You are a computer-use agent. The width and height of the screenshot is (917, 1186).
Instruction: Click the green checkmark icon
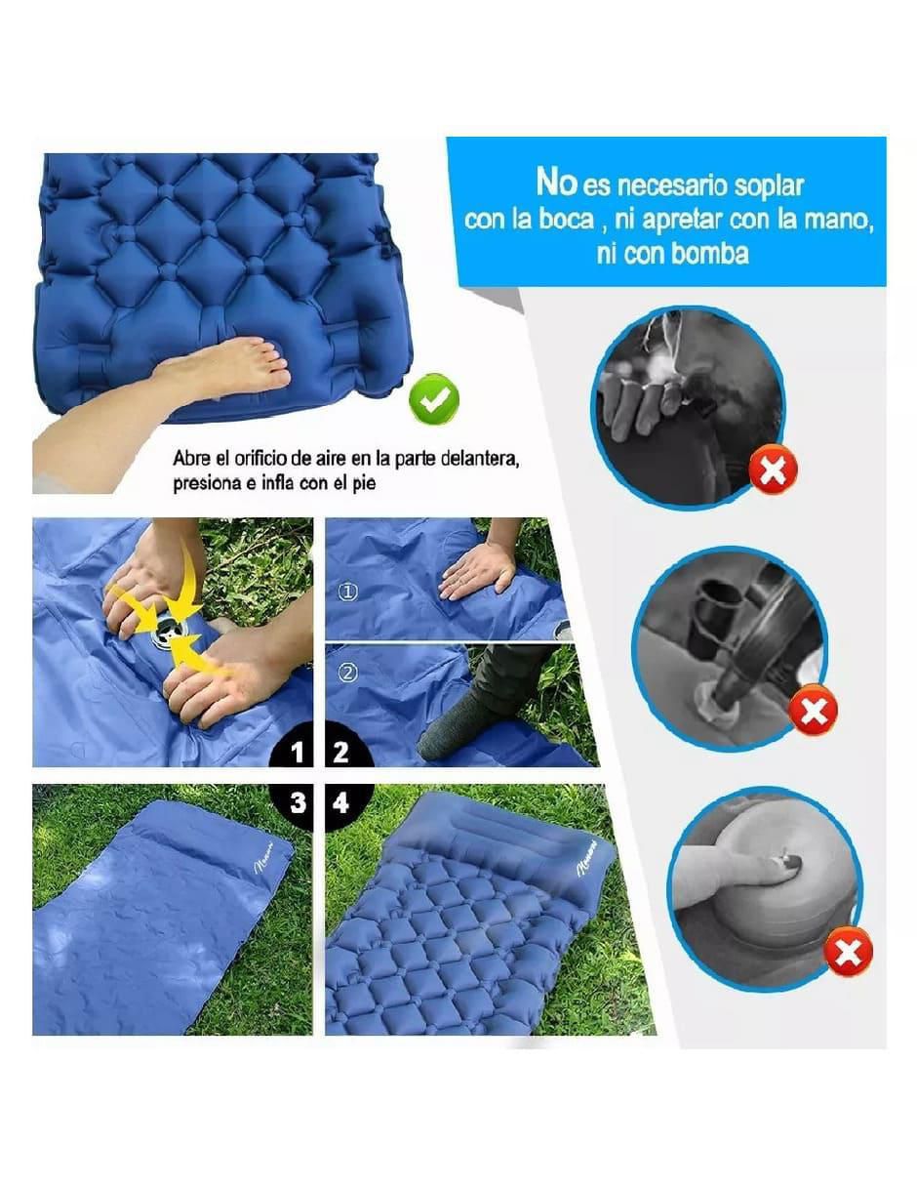point(434,399)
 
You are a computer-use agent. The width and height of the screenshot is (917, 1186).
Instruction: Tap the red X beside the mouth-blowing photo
point(773,470)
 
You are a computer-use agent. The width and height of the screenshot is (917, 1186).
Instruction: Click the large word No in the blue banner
point(557,182)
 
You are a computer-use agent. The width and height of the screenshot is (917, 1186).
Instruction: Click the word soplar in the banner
point(769,186)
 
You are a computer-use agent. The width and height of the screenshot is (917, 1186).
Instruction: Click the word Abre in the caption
point(191,458)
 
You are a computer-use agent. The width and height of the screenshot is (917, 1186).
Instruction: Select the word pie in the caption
point(364,484)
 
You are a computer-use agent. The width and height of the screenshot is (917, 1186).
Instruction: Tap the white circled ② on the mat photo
point(348,674)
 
